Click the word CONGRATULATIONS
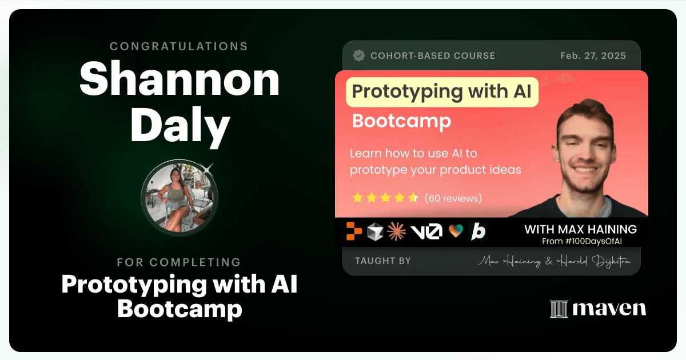pos(179,46)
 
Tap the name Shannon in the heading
pos(180,79)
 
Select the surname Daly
pos(180,126)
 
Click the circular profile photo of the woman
pos(180,198)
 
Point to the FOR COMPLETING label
pos(179,262)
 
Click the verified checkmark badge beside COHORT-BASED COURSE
pos(359,56)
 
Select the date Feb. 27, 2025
pos(593,56)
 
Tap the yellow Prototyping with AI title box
pos(442,92)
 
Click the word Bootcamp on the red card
pos(401,121)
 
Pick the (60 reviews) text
pos(453,198)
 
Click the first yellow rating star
pos(357,198)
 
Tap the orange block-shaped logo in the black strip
pos(354,231)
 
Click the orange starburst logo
pos(397,231)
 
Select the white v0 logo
pos(426,231)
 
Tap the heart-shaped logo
pos(456,231)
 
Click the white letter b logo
pos(478,231)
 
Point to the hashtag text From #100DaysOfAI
pos(582,242)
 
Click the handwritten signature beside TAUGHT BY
pos(554,261)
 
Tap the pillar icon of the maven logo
pos(559,309)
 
